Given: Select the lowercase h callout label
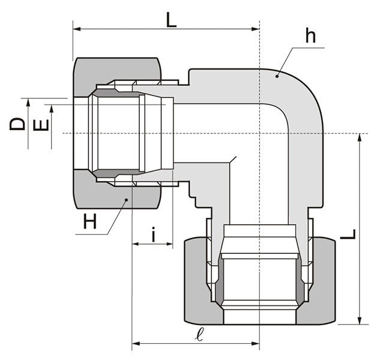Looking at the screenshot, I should pos(310,36).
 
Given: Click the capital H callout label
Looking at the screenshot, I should pos(90,222).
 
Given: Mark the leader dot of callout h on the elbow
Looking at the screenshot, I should pos(277,76).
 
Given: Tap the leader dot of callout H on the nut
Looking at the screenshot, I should pos(126,199).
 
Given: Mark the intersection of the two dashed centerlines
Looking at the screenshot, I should pos(259,133).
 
